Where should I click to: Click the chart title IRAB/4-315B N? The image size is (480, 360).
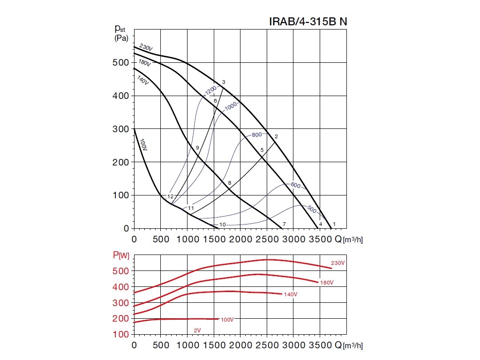coord(308,22)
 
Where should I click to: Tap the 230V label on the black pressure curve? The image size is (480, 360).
coord(146,49)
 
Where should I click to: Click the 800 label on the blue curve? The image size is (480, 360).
coord(257,135)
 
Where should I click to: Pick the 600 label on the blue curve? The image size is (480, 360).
coord(295,186)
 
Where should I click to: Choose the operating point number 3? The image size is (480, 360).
coord(224,82)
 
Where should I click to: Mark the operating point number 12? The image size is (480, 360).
coord(170,196)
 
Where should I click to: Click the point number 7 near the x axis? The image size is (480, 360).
coord(284,225)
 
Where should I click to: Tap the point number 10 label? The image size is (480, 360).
coord(223,225)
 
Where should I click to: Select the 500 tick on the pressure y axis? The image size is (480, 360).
coord(121,63)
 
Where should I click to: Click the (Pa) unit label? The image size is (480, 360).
coord(121,38)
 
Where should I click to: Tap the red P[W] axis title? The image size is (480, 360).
coord(120,255)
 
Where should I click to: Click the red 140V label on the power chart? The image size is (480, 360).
coord(291,294)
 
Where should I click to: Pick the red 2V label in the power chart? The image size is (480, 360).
coord(197,330)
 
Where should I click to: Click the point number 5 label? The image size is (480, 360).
coord(262,150)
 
